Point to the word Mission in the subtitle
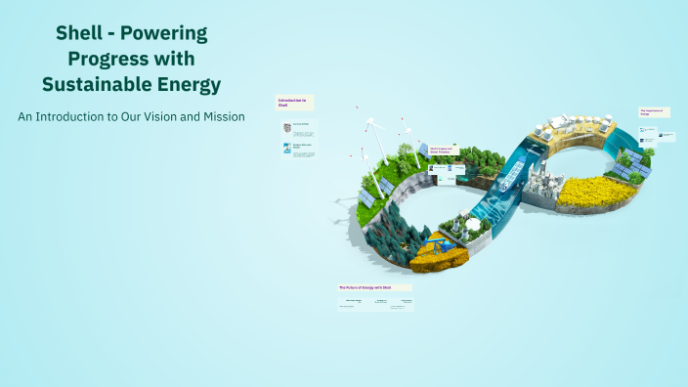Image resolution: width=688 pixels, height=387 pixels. (x=218, y=116)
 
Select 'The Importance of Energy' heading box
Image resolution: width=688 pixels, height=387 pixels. (x=652, y=112)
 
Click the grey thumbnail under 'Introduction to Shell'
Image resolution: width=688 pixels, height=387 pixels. (x=286, y=128)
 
